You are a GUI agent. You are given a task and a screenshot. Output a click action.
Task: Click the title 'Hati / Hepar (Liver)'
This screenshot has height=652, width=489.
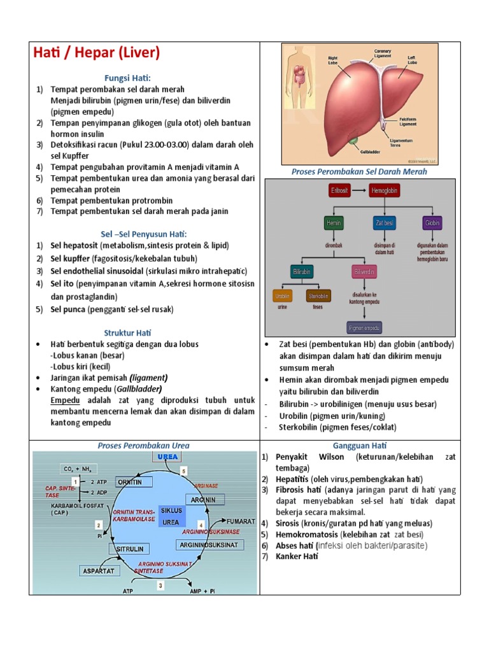(96, 53)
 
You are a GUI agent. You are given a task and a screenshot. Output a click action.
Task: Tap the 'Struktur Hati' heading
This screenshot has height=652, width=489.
(127, 332)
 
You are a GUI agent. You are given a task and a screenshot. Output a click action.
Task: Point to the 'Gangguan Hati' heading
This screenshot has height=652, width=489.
(360, 446)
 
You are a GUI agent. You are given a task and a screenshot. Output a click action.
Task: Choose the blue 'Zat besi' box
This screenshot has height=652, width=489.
(384, 223)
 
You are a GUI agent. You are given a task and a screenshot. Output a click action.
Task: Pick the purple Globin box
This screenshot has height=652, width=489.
(432, 223)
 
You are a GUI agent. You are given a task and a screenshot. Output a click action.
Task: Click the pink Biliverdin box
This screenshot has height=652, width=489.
(364, 271)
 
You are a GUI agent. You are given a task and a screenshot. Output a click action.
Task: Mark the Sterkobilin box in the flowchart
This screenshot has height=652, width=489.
(318, 296)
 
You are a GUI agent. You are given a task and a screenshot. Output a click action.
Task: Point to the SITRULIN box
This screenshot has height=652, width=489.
(130, 548)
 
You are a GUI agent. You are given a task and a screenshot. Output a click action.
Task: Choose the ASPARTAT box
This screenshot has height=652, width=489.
(98, 571)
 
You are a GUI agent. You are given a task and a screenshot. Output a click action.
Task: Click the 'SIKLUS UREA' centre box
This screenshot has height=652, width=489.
(172, 516)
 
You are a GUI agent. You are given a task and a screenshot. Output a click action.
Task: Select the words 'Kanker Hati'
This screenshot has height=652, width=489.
(296, 556)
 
